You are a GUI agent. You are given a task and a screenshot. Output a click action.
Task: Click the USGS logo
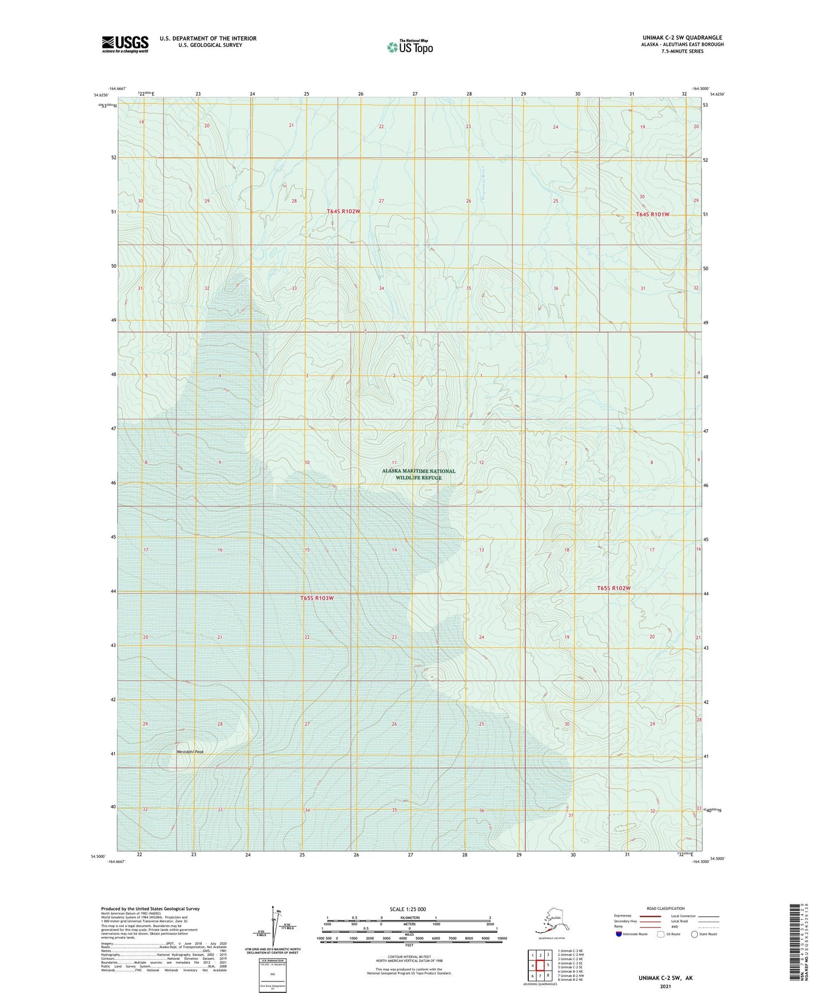tap(125, 44)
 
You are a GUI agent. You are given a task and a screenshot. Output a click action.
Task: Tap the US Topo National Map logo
tap(409, 46)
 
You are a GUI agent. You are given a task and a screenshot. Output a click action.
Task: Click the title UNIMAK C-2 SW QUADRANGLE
tap(682, 38)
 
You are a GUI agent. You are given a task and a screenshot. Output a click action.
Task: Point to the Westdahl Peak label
tap(190, 752)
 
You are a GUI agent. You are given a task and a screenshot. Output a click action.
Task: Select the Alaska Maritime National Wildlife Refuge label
tap(418, 474)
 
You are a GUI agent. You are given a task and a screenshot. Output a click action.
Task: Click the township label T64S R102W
tap(344, 211)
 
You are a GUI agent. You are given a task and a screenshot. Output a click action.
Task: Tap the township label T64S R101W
tap(652, 214)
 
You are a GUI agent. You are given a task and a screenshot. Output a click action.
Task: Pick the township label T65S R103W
tap(317, 598)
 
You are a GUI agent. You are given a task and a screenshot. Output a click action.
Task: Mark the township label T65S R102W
tap(613, 588)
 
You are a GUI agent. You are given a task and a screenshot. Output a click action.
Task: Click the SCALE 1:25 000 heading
tap(408, 909)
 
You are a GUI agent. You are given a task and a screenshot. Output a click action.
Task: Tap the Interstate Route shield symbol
tap(619, 934)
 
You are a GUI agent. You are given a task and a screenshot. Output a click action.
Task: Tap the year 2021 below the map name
tap(665, 986)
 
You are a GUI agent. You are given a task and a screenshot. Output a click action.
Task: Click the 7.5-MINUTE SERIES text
tap(682, 51)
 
